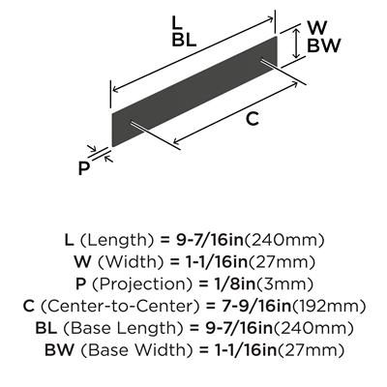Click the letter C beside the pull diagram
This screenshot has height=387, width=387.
click(253, 119)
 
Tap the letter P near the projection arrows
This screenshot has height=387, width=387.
click(83, 168)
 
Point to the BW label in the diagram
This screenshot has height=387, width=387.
click(323, 45)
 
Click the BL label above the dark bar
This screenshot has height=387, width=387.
click(184, 41)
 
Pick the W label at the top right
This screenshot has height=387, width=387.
click(317, 28)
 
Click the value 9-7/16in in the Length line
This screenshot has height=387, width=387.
click(210, 240)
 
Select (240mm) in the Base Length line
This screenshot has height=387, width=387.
click(313, 328)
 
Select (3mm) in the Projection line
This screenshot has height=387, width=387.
click(283, 284)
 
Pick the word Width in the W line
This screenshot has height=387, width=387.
click(132, 262)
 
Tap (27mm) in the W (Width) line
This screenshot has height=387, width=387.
click(281, 262)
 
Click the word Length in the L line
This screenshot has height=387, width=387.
click(116, 241)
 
